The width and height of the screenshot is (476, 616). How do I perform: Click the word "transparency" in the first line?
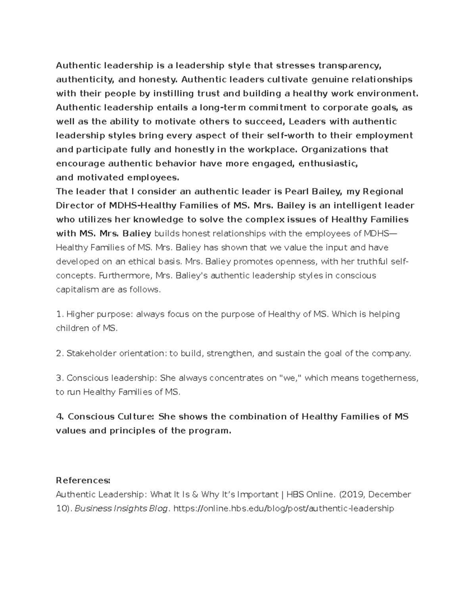pos(351,65)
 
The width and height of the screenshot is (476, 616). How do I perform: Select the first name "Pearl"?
pos(296,192)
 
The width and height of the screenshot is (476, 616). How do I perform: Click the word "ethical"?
pos(139,262)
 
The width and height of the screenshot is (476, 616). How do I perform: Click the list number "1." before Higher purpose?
pos(60,315)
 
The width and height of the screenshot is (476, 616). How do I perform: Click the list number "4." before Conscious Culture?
pos(60,417)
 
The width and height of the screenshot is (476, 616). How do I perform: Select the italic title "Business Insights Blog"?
pos(121,509)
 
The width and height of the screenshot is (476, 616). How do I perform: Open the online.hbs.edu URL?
pos(284,509)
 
